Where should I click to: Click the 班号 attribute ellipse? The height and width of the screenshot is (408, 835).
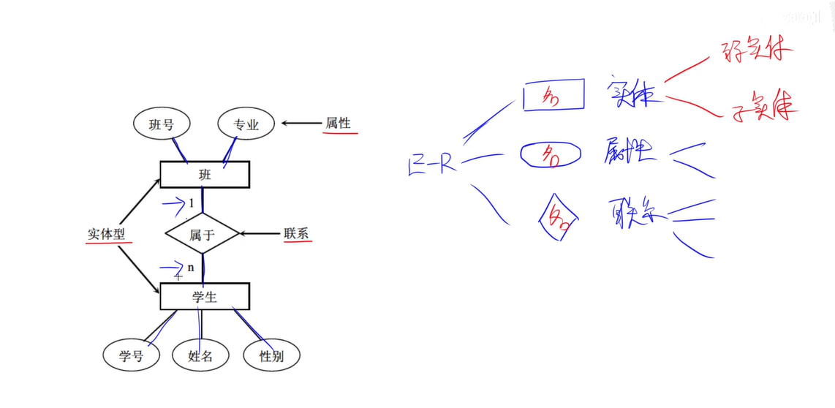(x=161, y=124)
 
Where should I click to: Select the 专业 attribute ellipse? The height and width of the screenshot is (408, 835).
(x=246, y=124)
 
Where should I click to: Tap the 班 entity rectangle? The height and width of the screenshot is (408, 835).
(x=205, y=175)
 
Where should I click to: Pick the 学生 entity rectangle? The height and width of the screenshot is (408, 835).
(x=205, y=296)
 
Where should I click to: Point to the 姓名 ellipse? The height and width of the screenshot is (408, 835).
(x=200, y=356)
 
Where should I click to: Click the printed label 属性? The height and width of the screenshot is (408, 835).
(x=338, y=123)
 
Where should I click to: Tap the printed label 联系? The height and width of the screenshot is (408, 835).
(x=296, y=234)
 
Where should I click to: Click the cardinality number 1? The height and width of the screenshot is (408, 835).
(x=192, y=203)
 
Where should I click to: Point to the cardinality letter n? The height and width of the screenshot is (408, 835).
(x=191, y=267)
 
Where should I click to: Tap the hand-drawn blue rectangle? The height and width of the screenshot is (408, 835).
(x=553, y=95)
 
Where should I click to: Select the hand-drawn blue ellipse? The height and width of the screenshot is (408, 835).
(x=551, y=154)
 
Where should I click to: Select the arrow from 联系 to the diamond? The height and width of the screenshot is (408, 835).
(x=259, y=234)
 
